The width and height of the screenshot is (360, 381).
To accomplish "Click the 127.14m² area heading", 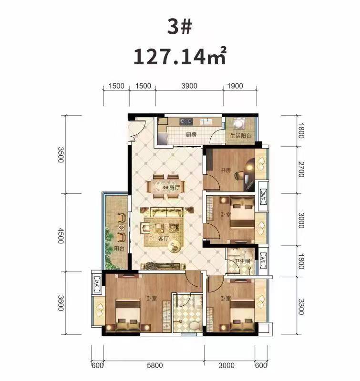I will [180, 56].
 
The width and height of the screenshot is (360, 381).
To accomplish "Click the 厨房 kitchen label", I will [191, 135].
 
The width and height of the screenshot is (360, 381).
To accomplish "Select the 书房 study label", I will [226, 170].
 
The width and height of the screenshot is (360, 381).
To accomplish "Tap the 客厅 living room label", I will [164, 238].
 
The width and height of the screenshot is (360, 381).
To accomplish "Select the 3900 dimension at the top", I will [190, 86].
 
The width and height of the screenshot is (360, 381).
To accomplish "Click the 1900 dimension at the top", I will [236, 86].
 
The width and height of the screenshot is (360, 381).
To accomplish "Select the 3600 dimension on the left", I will [61, 302].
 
